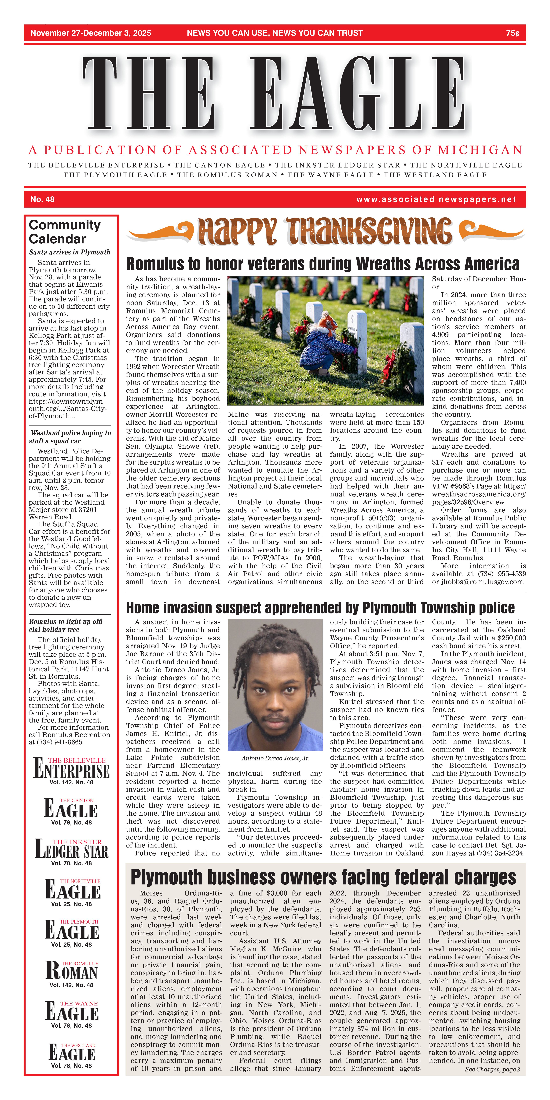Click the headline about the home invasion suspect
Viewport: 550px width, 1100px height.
[320, 608]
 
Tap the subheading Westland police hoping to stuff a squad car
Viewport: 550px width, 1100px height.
[70, 437]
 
